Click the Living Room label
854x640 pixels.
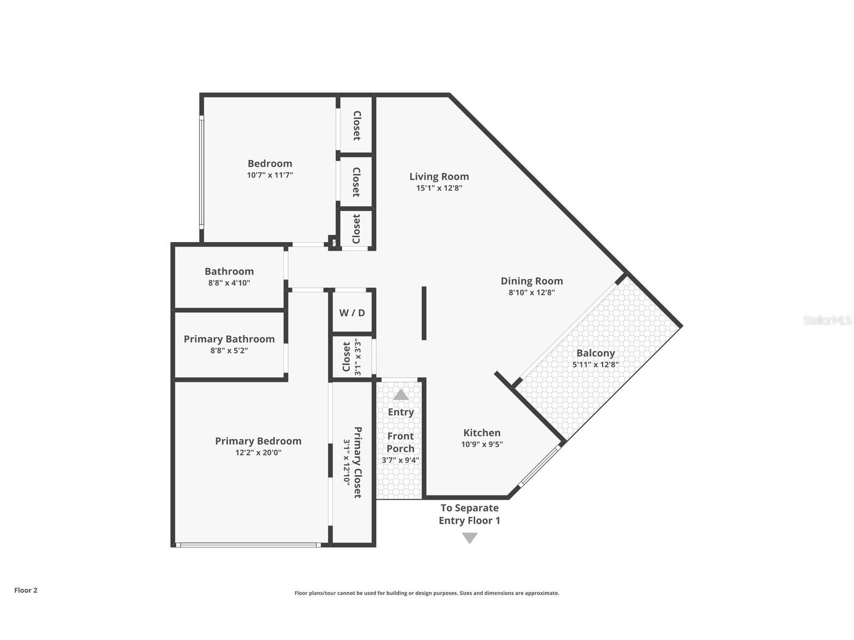tap(439, 177)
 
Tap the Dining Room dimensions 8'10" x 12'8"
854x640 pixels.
tap(532, 293)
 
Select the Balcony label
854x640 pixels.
tap(596, 353)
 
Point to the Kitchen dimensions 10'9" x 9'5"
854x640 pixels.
tap(482, 444)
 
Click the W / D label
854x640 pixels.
tap(352, 313)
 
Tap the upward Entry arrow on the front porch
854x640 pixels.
tap(401, 395)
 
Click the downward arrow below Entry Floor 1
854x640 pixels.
tap(470, 538)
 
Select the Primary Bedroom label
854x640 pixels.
tap(258, 441)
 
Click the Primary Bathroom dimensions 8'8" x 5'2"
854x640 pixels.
tap(229, 351)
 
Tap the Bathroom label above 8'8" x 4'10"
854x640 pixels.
tap(229, 271)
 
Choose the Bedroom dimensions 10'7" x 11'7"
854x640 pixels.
tap(270, 175)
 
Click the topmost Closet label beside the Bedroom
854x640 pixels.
tap(357, 125)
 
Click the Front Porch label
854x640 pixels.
tap(400, 442)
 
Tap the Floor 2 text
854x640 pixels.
tap(26, 590)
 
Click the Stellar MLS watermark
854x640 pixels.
tap(827, 321)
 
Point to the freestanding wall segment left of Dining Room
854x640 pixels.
tap(424, 313)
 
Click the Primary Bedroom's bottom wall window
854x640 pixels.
tap(248, 545)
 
